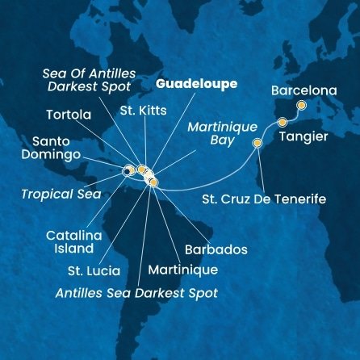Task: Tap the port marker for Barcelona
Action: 301,105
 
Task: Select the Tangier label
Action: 303,136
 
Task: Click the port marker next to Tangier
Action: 283,122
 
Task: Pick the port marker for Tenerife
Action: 257,143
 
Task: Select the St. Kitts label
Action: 139,108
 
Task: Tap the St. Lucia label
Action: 94,270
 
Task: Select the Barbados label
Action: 217,249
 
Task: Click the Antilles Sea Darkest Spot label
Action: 136,293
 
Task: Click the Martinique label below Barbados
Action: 183,269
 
